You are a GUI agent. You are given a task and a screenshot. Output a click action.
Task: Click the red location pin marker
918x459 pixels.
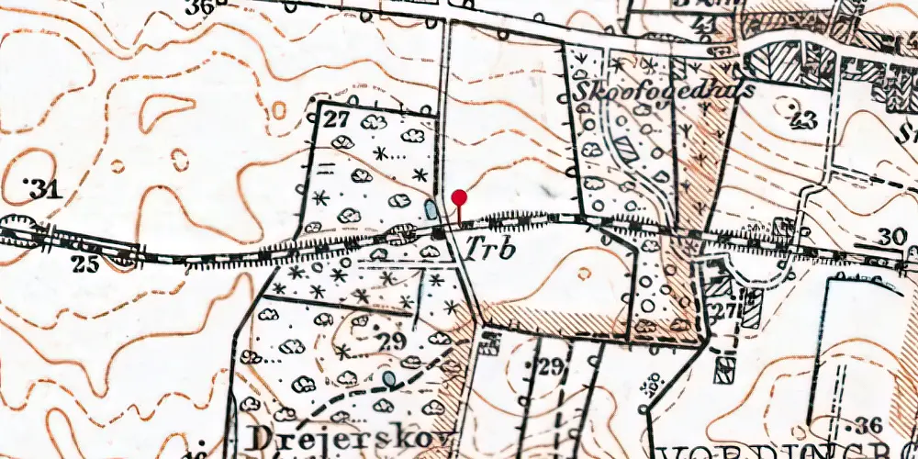pos(460,197)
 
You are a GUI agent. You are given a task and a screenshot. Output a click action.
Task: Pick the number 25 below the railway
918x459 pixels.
pos(85,265)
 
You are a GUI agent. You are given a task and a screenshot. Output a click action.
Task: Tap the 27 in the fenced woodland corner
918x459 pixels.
pos(337,119)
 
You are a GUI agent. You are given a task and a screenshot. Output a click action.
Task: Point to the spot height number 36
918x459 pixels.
pos(869,424)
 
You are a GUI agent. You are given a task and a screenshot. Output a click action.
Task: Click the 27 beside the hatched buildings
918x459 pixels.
pos(728,311)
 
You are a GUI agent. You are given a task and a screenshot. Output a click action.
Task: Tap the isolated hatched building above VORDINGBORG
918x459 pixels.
pos(725,369)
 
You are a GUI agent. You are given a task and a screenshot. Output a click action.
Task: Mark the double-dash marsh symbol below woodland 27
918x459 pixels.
pos(328,166)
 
